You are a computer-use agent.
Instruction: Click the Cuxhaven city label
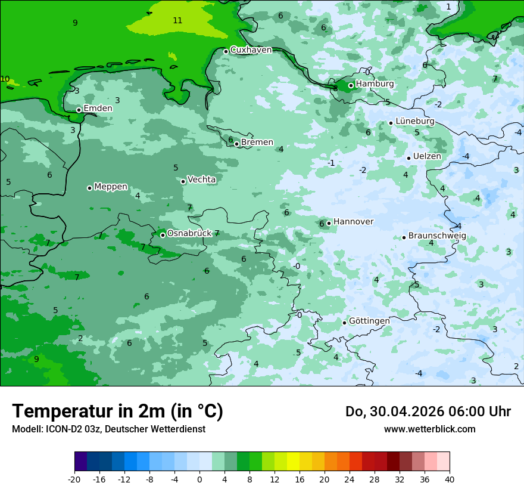[251, 50]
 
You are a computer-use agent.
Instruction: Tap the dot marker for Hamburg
[351, 85]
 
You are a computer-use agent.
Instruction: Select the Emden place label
[98, 109]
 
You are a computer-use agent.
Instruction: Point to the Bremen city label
[257, 143]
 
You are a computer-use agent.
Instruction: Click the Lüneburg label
[415, 122]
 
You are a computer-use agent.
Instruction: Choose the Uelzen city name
[427, 157]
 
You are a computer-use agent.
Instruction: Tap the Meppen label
[111, 187]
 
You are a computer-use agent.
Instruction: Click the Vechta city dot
[183, 181]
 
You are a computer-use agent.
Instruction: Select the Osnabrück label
[189, 233]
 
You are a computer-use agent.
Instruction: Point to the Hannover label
[353, 222]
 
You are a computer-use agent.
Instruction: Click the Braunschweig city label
[437, 236]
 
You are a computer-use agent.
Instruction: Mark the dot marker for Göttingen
[344, 323]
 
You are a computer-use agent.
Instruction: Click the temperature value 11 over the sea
[177, 21]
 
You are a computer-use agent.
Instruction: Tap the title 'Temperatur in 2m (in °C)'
[117, 412]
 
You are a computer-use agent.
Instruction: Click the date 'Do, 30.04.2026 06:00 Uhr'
[428, 412]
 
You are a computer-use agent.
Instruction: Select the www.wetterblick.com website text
[429, 429]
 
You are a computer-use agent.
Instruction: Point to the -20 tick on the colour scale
[74, 479]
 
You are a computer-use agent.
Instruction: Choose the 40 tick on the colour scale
[449, 479]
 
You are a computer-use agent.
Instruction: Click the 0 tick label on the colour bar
[199, 479]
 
